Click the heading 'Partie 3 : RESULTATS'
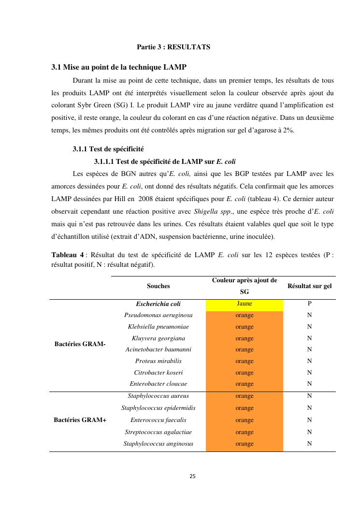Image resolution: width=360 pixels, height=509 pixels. (x=173, y=47)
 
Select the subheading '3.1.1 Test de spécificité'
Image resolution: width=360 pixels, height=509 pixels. (x=108, y=149)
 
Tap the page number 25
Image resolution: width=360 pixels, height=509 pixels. (x=192, y=477)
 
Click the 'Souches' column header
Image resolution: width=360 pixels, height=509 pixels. (x=158, y=286)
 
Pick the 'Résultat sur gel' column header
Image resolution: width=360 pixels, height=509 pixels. (x=309, y=286)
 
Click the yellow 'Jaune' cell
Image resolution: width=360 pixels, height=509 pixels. (x=245, y=304)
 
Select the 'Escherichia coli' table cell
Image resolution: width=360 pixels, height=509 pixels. (x=158, y=304)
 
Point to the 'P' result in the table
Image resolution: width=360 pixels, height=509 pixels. (x=309, y=304)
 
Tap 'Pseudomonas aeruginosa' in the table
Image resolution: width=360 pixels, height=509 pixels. (x=158, y=315)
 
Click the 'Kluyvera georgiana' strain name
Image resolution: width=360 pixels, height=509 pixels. (x=158, y=338)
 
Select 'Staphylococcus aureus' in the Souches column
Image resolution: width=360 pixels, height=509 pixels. (x=158, y=396)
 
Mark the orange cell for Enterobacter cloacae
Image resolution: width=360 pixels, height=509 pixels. (x=245, y=384)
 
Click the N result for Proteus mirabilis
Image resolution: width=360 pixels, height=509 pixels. (x=309, y=361)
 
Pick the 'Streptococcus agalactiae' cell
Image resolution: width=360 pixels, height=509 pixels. (x=158, y=432)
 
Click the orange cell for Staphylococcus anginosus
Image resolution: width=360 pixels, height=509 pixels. (x=245, y=444)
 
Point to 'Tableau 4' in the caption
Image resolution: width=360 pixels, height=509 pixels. (x=68, y=255)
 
